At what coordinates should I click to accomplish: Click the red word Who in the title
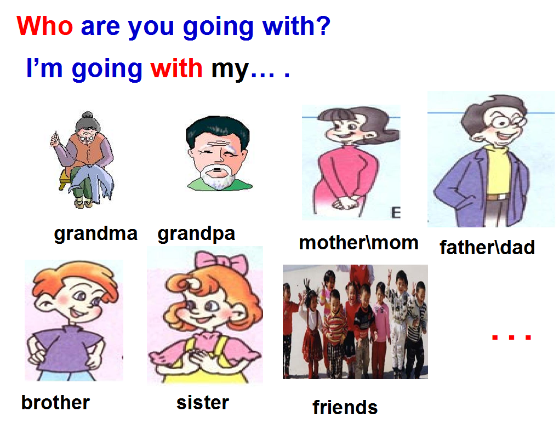pyautogui.click(x=44, y=26)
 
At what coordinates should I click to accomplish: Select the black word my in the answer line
pyautogui.click(x=230, y=70)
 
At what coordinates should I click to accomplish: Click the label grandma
pyautogui.click(x=95, y=234)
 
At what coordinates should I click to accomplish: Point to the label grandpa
pyautogui.click(x=196, y=234)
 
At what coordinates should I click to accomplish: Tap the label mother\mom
pyautogui.click(x=358, y=243)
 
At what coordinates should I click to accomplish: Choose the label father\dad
pyautogui.click(x=487, y=247)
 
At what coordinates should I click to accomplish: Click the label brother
pyautogui.click(x=55, y=403)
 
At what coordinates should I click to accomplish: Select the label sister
pyautogui.click(x=202, y=403)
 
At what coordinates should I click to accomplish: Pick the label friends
pyautogui.click(x=345, y=407)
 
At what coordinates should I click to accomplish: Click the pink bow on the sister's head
pyautogui.click(x=221, y=262)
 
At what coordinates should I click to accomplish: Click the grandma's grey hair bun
pyautogui.click(x=87, y=116)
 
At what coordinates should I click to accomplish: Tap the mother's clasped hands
pyautogui.click(x=345, y=203)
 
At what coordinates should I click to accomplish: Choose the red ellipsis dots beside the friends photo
pyautogui.click(x=511, y=337)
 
